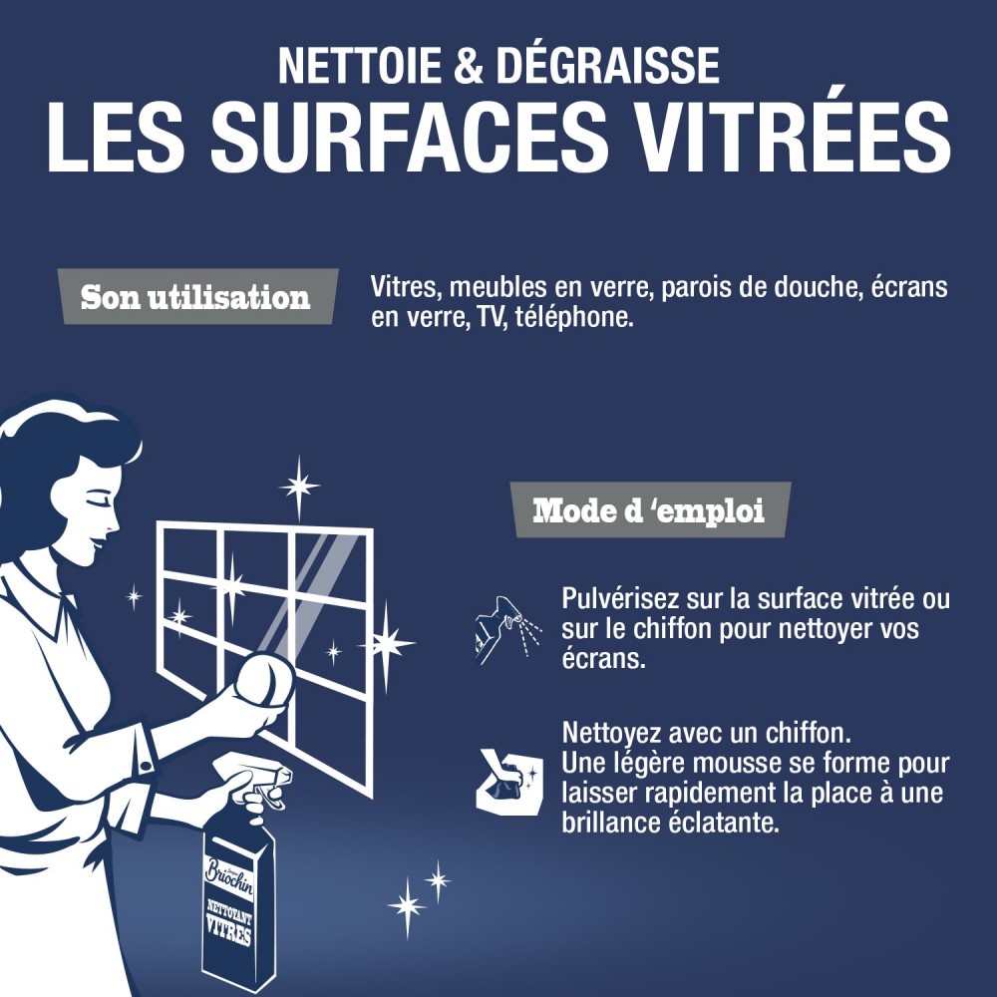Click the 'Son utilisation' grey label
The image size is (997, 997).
[195, 297]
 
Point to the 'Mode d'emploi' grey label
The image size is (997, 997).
[649, 511]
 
